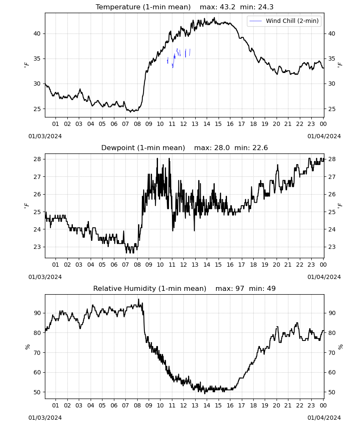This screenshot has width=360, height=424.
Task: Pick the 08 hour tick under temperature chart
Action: click(137, 124)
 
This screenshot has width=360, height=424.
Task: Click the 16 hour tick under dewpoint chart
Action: click(230, 265)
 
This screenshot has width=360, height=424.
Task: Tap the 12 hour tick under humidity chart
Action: click(184, 406)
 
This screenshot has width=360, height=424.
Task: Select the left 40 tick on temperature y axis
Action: click(37, 34)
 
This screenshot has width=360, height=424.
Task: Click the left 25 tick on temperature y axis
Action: click(37, 109)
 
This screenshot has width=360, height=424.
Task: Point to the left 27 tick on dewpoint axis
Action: click(37, 177)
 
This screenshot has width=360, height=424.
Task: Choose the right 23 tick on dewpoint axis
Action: click(332, 247)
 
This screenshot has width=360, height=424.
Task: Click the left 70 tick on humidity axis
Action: click(37, 353)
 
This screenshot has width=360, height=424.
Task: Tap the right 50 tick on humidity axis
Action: click(332, 392)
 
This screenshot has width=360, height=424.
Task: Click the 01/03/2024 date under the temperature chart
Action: click(45, 136)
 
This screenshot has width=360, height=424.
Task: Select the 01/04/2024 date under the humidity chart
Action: click(324, 418)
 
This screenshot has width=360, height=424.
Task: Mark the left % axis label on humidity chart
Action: click(27, 347)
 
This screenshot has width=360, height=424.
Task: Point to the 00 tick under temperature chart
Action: click(323, 124)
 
